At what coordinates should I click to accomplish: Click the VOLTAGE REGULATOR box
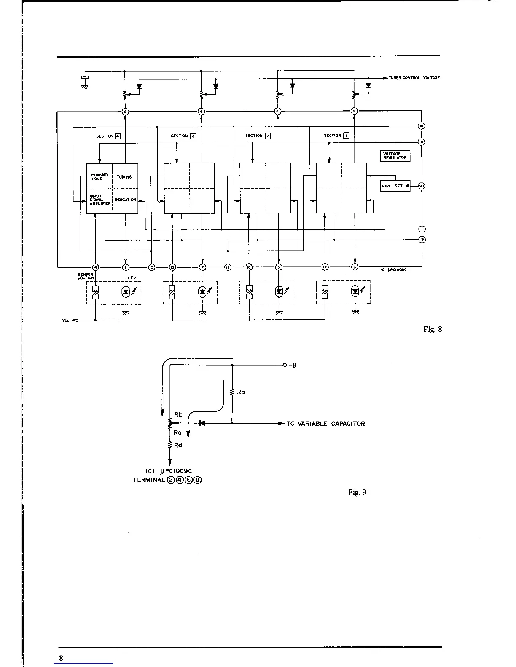click(395, 156)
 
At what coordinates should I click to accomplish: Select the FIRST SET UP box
click(395, 186)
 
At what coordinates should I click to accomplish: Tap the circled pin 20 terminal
click(422, 186)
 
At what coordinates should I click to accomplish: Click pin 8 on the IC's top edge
click(125, 112)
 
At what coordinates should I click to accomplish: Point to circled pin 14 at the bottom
click(96, 267)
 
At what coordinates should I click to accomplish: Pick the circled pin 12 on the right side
click(422, 240)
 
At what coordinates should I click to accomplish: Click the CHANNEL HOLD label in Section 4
click(100, 177)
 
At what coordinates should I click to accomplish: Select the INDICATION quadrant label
click(126, 200)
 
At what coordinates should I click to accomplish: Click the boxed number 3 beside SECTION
click(193, 136)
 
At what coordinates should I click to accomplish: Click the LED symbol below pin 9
click(126, 291)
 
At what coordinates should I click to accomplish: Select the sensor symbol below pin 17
click(325, 292)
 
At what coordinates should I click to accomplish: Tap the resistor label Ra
click(241, 392)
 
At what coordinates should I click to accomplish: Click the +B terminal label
click(292, 365)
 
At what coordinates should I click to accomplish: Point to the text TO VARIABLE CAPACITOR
click(325, 424)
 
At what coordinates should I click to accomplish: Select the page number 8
click(61, 658)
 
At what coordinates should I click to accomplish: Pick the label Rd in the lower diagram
click(178, 445)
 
